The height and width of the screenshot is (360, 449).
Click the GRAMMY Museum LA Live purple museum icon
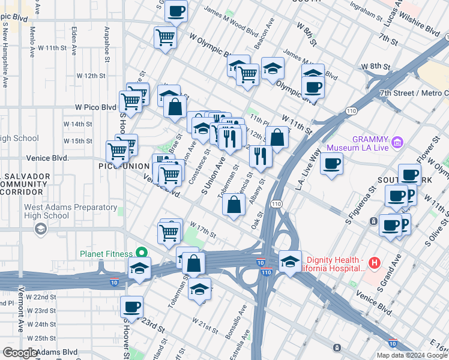(397, 143)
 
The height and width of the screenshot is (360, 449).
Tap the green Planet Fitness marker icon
(142, 253)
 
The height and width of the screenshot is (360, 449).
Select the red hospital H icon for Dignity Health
(375, 262)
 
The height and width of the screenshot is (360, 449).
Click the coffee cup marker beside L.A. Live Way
(331, 164)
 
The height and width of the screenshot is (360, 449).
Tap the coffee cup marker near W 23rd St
(131, 307)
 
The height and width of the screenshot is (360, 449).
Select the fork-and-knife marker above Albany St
(261, 157)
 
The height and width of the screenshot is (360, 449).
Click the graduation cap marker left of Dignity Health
(290, 262)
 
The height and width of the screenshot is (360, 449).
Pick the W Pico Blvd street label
(95, 107)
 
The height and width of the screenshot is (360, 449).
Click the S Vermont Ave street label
(21, 312)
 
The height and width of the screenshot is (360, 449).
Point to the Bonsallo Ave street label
(236, 322)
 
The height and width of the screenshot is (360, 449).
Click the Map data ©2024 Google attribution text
(411, 355)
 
